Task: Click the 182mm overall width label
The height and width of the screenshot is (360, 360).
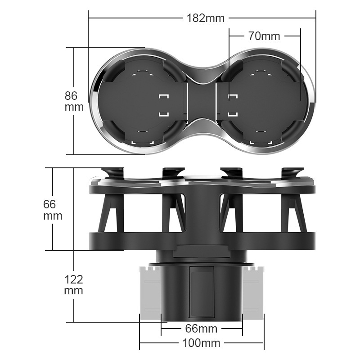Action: [x=205, y=18]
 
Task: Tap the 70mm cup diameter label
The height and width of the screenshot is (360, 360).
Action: [x=264, y=36]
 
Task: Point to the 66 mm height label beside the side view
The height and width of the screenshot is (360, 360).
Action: [x=53, y=210]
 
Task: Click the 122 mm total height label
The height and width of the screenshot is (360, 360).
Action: [x=73, y=284]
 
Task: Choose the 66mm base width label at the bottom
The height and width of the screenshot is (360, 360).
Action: [x=201, y=329]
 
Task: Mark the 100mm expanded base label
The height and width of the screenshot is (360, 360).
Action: [x=201, y=343]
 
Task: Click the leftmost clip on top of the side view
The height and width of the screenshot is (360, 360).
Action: [x=112, y=173]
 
